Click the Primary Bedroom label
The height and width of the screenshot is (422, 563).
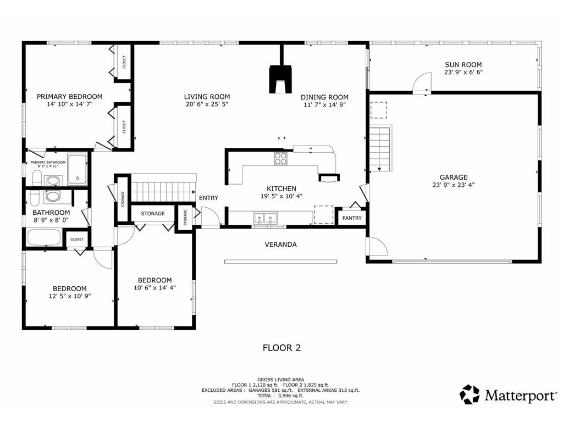(70, 97)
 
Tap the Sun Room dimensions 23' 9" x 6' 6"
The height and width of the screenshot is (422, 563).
(463, 72)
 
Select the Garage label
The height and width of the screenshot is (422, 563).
(454, 177)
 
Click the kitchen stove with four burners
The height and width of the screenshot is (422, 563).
(281, 159)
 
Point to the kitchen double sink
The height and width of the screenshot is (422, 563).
(266, 218)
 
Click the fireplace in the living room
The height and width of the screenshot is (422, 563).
(280, 79)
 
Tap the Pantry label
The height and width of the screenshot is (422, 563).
(352, 218)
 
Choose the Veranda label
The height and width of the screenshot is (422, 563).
(281, 245)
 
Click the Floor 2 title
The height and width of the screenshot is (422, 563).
(282, 348)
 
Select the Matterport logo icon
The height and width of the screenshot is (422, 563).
(470, 395)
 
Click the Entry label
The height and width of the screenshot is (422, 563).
(208, 198)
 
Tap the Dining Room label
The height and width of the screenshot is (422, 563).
(324, 97)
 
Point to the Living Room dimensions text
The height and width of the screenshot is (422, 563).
(207, 104)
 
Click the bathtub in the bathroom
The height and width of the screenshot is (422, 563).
(44, 237)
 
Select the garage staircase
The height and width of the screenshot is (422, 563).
(380, 148)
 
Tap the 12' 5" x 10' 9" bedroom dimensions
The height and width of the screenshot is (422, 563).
(70, 296)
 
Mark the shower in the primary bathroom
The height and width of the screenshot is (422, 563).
(78, 169)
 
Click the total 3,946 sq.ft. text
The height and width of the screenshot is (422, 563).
(280, 396)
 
